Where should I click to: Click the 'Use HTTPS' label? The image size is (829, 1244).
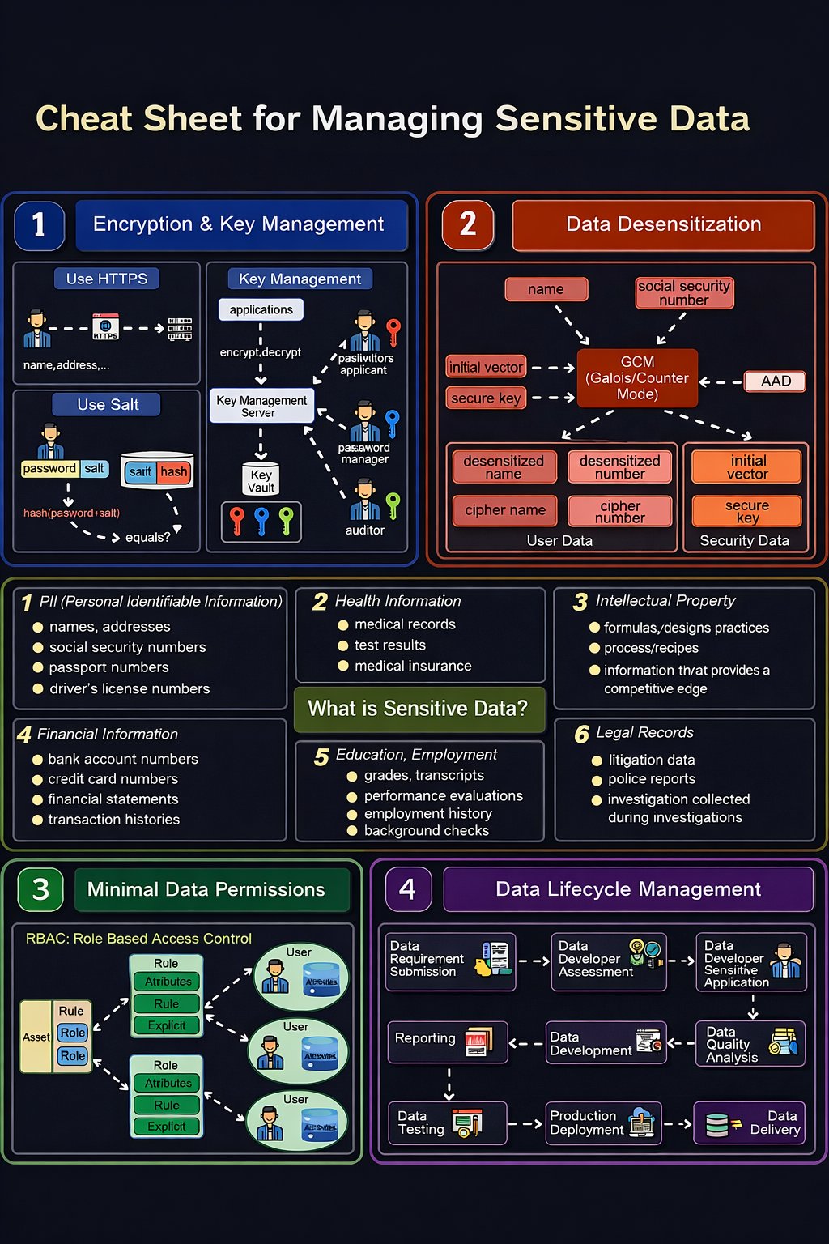(x=107, y=279)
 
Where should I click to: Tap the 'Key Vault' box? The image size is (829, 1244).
(x=261, y=480)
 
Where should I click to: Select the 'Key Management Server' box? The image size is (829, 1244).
(x=261, y=407)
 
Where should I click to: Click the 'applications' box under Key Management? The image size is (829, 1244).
(x=261, y=309)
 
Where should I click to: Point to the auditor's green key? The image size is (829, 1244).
(x=393, y=504)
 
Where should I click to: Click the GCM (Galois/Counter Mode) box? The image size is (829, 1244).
(x=637, y=378)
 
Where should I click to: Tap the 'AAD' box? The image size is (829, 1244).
(x=775, y=381)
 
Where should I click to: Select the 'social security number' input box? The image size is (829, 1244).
(x=684, y=293)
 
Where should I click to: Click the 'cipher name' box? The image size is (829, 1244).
(x=505, y=510)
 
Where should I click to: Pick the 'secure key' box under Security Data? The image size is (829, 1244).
(x=746, y=511)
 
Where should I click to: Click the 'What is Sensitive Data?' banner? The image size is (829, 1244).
(x=418, y=709)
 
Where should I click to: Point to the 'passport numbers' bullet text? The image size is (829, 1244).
(x=109, y=667)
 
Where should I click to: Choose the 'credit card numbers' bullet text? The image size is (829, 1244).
(x=113, y=779)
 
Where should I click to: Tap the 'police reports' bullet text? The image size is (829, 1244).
(x=652, y=779)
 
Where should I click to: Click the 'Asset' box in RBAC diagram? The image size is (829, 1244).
(x=36, y=1037)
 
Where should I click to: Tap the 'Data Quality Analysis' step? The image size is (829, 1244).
(x=750, y=1044)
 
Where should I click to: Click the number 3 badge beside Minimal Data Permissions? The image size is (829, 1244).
(x=40, y=889)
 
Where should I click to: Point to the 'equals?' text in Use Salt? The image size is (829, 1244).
(x=147, y=537)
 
